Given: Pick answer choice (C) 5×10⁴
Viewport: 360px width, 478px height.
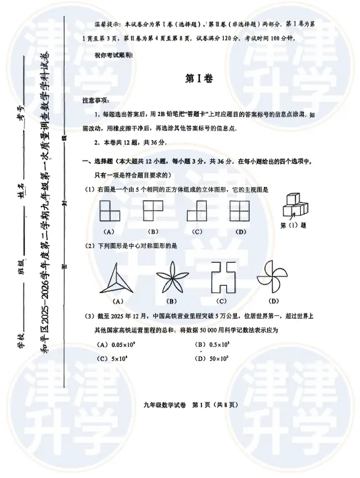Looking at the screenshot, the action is point(109,359).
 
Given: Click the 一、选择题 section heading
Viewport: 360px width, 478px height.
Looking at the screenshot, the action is point(97,161).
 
